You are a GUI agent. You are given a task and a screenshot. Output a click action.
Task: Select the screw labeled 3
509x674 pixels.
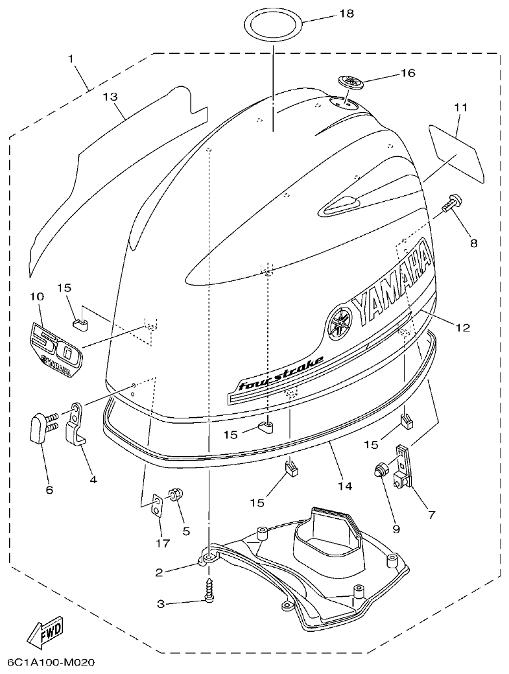[209, 591]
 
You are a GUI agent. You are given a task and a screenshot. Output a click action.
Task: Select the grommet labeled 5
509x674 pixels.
[175, 495]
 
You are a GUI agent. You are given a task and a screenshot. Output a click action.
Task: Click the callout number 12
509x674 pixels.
[462, 328]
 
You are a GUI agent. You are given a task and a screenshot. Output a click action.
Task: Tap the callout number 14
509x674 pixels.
[345, 485]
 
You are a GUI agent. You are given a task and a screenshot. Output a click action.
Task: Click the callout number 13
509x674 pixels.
[110, 97]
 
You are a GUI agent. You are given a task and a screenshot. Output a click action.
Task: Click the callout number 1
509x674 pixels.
[71, 58]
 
